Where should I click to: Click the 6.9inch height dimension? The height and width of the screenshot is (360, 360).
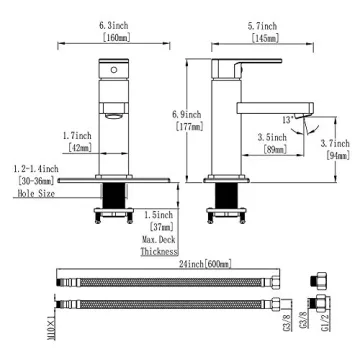pyautogui.click(x=186, y=115)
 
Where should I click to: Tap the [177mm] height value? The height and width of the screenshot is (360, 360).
pyautogui.click(x=186, y=127)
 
